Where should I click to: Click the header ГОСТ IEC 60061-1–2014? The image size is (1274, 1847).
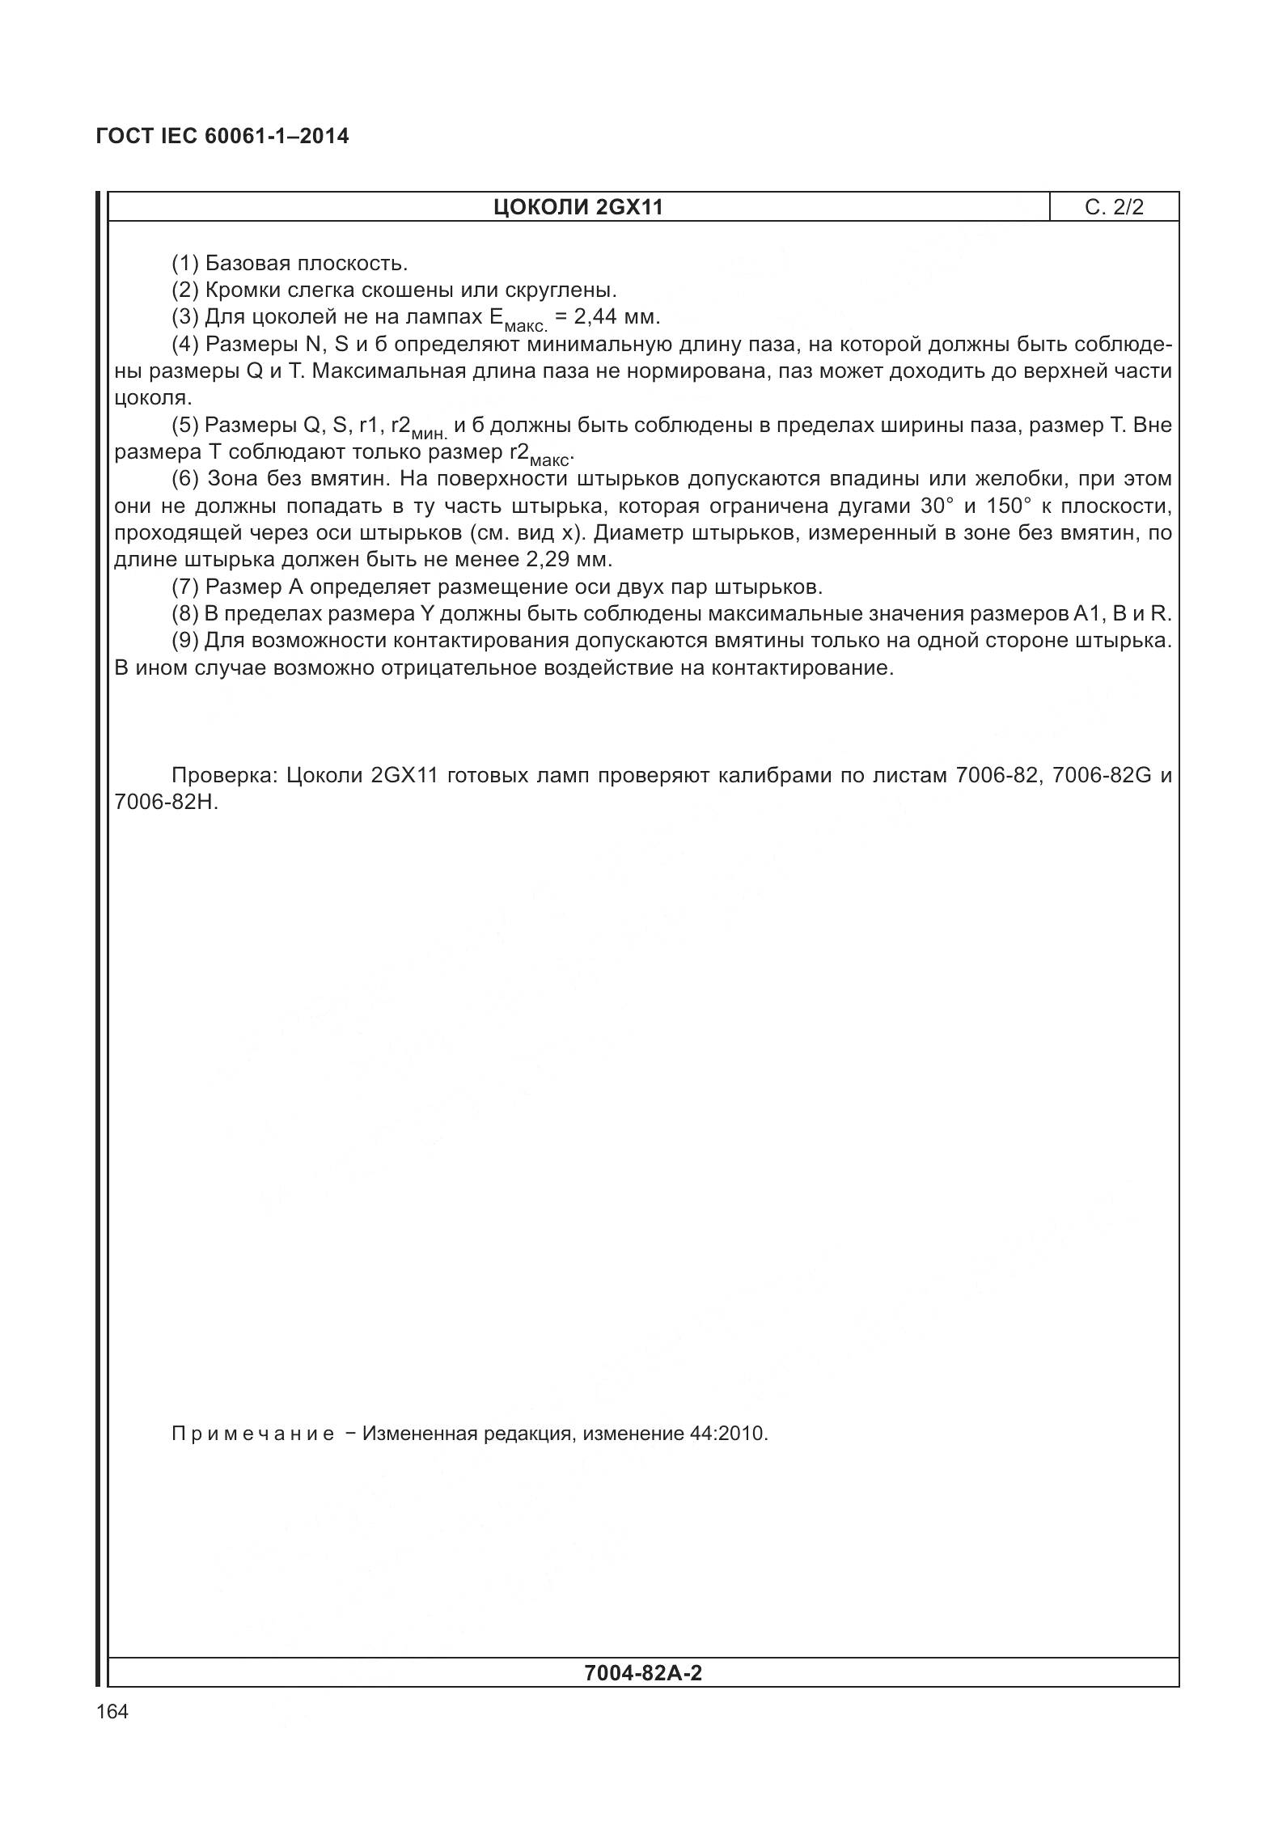222,136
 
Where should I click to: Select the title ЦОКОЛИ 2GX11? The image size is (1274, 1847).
578,207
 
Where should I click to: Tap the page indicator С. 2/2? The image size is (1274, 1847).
1114,207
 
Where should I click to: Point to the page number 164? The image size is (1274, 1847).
112,1711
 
